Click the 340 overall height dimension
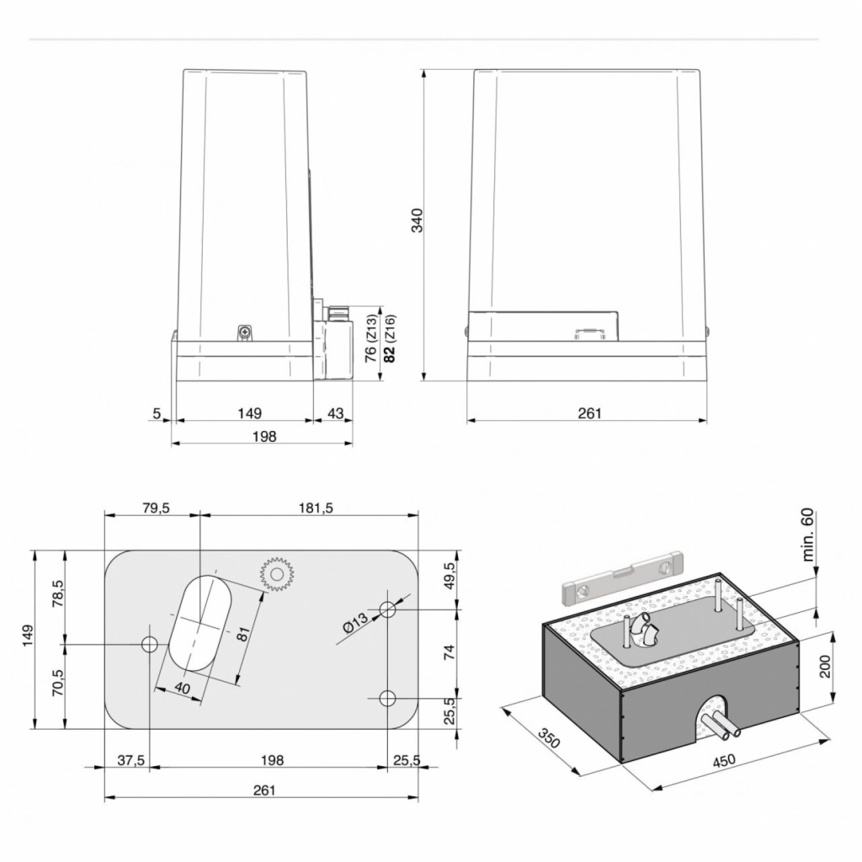(x=418, y=220)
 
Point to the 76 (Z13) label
(x=371, y=338)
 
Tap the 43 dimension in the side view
(x=335, y=412)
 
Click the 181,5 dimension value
(x=317, y=508)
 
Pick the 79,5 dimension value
(x=156, y=508)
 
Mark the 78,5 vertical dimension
(x=58, y=593)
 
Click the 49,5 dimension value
(x=450, y=576)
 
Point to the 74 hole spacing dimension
(x=450, y=652)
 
